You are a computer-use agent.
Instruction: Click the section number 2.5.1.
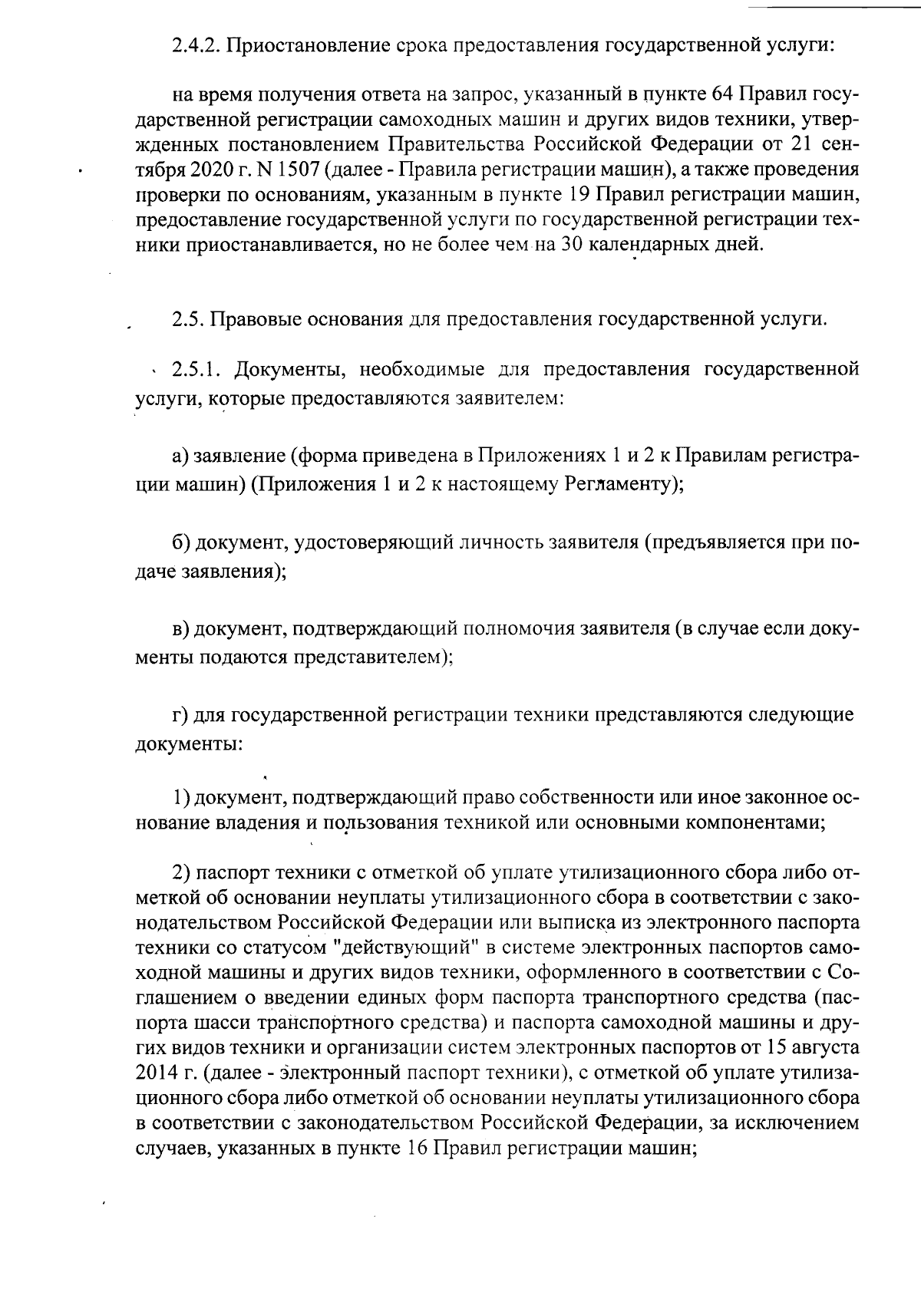tap(197, 369)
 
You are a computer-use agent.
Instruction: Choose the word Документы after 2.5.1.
tap(285, 369)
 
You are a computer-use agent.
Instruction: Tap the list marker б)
tap(181, 542)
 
